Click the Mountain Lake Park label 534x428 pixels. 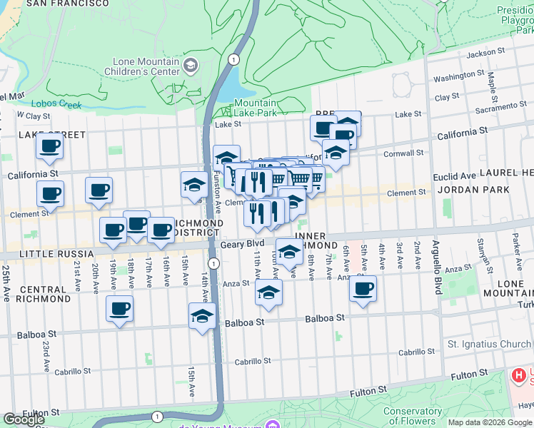(256, 108)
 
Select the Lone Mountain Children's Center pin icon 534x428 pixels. (191, 66)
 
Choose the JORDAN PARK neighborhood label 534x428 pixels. (473, 190)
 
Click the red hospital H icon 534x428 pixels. (519, 375)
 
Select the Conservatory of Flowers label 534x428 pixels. (412, 415)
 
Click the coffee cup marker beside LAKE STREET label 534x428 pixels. (50, 146)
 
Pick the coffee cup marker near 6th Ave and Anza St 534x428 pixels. (363, 289)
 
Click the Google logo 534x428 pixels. (24, 419)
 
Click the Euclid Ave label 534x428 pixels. (455, 175)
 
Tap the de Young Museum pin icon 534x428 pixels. (271, 424)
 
